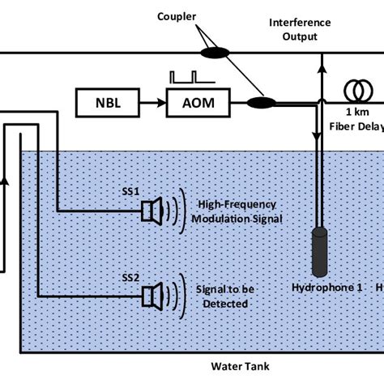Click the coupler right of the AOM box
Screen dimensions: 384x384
coord(262,103)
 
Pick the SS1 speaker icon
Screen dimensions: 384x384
coord(153,211)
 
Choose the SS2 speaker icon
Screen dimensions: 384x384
coord(153,296)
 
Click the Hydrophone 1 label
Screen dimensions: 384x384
coord(321,287)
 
